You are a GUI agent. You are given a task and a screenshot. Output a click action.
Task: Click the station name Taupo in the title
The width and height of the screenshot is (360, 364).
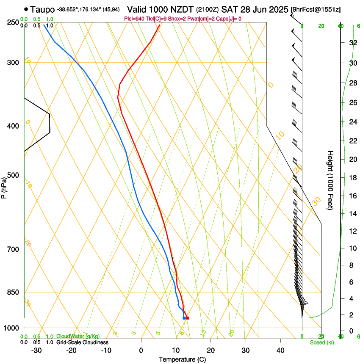(x=43, y=9)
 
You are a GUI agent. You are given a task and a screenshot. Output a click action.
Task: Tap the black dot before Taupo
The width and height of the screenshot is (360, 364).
(x=26, y=9)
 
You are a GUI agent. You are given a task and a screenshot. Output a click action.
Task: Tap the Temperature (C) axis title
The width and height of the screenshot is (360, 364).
(x=182, y=359)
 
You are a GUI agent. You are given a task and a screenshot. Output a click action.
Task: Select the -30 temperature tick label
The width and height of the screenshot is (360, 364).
(x=36, y=350)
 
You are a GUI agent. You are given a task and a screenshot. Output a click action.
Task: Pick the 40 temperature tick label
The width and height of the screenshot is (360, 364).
(x=280, y=350)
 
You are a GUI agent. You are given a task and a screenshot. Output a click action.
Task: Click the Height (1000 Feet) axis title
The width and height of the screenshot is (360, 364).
(x=331, y=180)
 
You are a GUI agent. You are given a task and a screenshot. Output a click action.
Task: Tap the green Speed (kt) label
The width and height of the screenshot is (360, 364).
(x=321, y=342)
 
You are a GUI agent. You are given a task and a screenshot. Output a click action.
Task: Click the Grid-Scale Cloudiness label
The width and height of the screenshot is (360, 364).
(x=82, y=342)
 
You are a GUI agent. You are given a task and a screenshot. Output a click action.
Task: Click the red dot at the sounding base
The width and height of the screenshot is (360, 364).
(x=188, y=318)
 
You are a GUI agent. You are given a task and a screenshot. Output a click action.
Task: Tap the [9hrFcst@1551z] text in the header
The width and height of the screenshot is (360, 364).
(x=316, y=9)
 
